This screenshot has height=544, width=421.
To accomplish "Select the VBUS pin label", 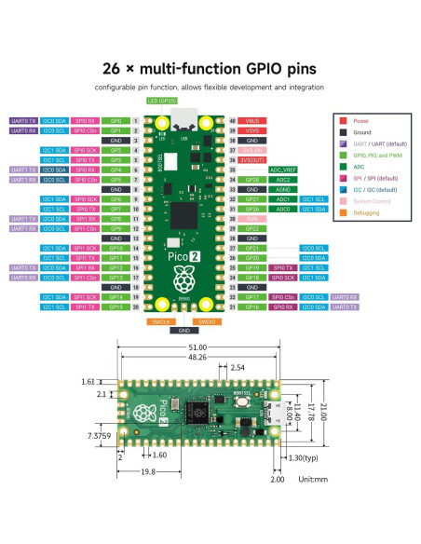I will pyautogui.click(x=251, y=121).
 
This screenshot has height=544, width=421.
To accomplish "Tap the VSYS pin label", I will pyautogui.click(x=251, y=130).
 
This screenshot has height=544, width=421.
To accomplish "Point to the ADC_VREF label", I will pyautogui.click(x=282, y=170).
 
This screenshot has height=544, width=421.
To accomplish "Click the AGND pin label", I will pyautogui.click(x=282, y=189).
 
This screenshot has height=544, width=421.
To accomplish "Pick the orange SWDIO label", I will pyautogui.click(x=209, y=321).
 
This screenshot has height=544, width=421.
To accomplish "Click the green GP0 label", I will pyautogui.click(x=116, y=121).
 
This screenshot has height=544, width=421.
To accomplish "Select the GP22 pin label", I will pyautogui.click(x=251, y=228).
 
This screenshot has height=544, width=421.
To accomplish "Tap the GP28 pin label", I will pyautogui.click(x=251, y=180).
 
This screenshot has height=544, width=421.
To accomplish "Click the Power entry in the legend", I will pyautogui.click(x=359, y=120).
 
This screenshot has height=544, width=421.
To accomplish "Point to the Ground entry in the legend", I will pyautogui.click(x=360, y=133).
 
